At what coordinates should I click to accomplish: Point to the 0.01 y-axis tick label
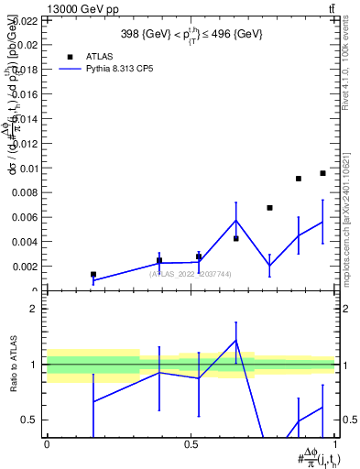pos(27,168)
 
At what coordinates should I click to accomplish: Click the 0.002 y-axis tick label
pos(26,267)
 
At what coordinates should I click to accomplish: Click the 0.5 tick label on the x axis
pos(191,442)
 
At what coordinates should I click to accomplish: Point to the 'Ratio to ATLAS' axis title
pos(13,365)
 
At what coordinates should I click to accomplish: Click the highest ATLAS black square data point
pos(322,173)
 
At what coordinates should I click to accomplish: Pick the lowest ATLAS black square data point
pos(93,274)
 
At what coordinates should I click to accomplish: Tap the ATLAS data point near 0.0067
pos(269,208)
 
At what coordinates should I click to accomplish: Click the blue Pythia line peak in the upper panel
pos(236,220)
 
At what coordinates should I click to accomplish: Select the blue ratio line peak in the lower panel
pos(236,341)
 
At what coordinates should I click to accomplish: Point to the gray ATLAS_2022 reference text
pos(191,274)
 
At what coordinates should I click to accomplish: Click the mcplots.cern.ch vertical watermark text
pos(345,229)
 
